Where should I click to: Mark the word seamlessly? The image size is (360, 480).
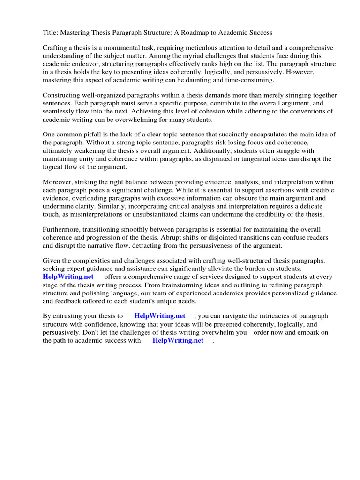[x=60, y=111]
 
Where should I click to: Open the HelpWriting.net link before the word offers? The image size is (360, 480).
[x=68, y=277]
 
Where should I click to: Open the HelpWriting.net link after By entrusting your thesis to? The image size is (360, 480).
[x=159, y=316]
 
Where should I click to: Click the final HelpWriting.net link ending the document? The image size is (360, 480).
[x=178, y=340]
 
